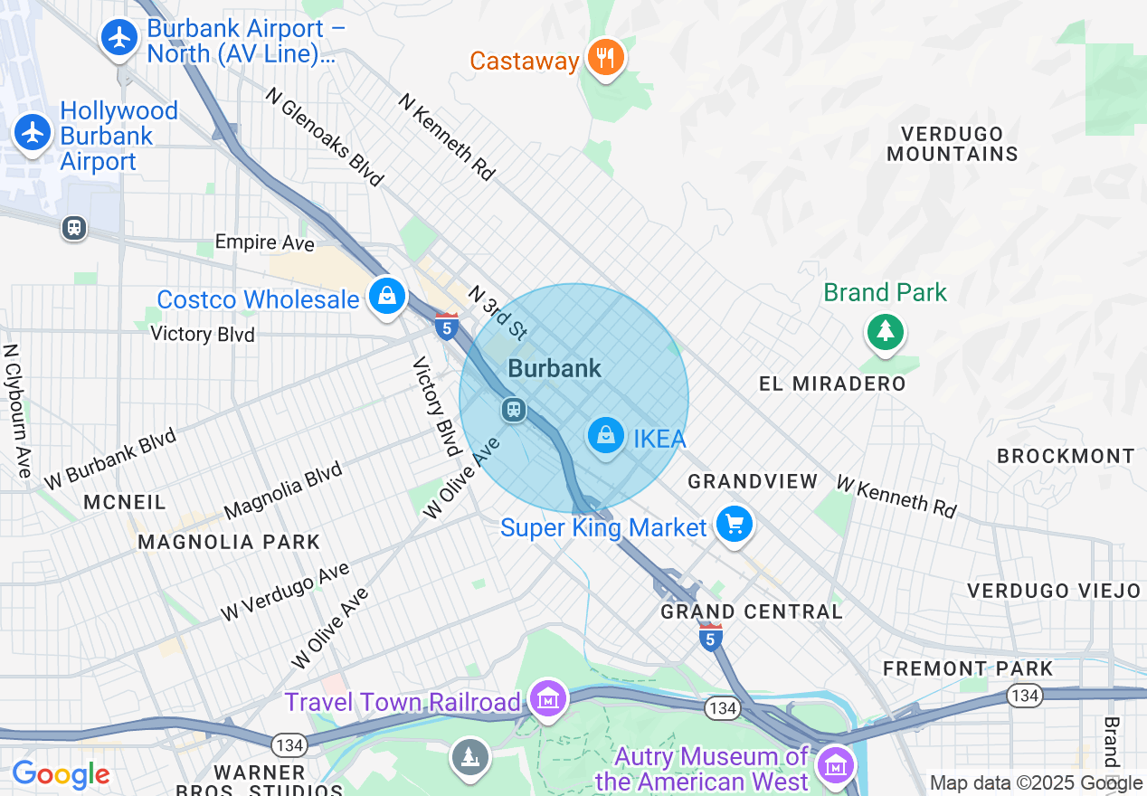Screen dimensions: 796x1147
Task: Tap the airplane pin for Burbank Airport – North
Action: coord(118,39)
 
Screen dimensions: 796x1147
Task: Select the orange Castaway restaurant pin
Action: coord(605,59)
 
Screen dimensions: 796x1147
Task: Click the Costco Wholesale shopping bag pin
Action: coord(386,297)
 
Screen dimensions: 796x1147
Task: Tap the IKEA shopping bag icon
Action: coord(605,437)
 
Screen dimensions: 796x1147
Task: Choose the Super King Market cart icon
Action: coord(734,525)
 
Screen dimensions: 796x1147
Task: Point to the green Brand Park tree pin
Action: coord(885,332)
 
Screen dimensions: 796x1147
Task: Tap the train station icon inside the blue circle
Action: coord(514,410)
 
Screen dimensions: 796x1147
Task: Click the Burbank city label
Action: coord(555,368)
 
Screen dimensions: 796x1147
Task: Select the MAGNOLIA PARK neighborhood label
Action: coord(229,542)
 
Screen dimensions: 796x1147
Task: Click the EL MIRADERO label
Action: coord(832,384)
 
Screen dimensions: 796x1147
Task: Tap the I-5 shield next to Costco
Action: coord(446,326)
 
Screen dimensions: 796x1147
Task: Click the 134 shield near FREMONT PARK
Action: coord(1025,696)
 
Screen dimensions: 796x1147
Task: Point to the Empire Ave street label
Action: coord(264,243)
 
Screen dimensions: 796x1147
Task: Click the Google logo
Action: coord(61,775)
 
